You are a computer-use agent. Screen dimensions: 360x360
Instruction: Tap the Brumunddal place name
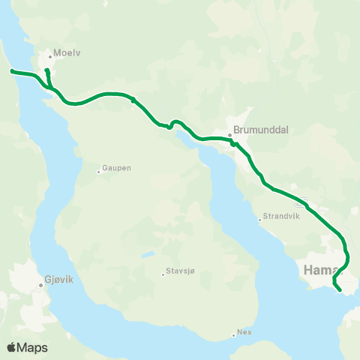pyautogui.click(x=261, y=129)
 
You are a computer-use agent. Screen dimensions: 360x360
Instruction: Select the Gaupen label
pyautogui.click(x=118, y=169)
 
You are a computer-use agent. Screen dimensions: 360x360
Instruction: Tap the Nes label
pyautogui.click(x=244, y=330)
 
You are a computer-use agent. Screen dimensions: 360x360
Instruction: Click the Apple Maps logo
pyautogui.click(x=27, y=347)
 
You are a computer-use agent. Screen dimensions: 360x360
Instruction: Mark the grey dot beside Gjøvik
pyautogui.click(x=40, y=285)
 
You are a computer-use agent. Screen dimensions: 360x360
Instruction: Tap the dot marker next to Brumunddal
pyautogui.click(x=230, y=136)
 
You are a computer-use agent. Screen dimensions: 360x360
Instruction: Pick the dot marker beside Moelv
pyautogui.click(x=50, y=55)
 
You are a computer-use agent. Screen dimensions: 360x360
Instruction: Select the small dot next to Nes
pyautogui.click(x=233, y=334)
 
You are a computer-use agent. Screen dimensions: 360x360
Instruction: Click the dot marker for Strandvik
pyautogui.click(x=259, y=220)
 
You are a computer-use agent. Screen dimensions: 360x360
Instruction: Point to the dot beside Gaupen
pyautogui.click(x=98, y=172)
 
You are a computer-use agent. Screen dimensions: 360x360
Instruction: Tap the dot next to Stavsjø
pyautogui.click(x=163, y=274)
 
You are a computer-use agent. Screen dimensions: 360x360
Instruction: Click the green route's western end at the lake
pyautogui.click(x=12, y=71)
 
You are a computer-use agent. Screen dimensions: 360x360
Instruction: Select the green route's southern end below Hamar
pyautogui.click(x=340, y=289)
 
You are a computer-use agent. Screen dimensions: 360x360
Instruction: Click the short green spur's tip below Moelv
pyautogui.click(x=46, y=70)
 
